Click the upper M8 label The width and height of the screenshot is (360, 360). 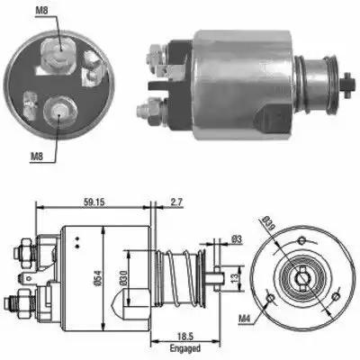coord(41,11)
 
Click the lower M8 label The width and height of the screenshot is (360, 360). coord(37,156)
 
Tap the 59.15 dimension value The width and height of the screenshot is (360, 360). coord(94,202)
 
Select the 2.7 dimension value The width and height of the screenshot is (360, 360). coord(176,202)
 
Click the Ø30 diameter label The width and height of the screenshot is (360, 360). coord(123,278)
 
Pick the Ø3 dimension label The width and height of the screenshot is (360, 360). coord(237,239)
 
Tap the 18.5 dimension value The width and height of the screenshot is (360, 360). coord(185,337)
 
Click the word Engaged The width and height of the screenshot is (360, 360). coord(185,349)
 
